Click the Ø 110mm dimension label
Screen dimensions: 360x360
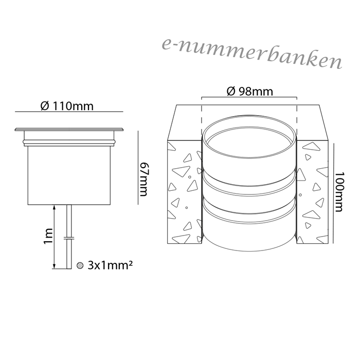67,106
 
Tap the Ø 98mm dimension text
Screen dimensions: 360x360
250,92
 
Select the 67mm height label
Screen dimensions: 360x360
143,179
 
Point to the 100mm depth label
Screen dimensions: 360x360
339,192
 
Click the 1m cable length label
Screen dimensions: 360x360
48,237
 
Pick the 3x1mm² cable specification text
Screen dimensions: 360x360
110,265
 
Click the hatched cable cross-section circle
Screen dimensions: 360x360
80,265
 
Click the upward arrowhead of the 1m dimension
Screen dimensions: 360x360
54,207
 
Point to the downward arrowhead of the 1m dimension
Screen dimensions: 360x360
54,266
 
